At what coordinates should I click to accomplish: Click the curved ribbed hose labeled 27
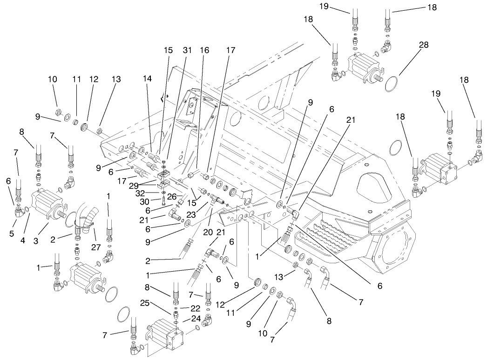(90, 219)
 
